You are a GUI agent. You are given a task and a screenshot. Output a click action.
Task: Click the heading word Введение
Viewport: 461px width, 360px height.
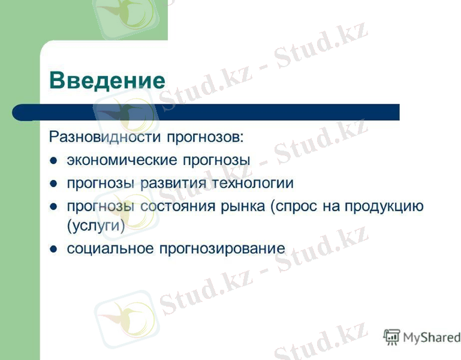point(107,80)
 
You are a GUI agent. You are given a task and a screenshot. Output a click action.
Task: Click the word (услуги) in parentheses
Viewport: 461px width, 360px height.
point(96,227)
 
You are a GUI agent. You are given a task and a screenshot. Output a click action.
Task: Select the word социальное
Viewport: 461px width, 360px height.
point(110,248)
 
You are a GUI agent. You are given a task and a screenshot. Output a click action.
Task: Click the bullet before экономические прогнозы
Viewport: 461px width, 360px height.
point(54,161)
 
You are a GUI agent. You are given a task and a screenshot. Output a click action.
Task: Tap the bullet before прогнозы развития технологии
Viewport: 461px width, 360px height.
point(54,183)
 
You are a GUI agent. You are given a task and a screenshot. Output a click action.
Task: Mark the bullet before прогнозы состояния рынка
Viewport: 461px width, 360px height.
point(54,206)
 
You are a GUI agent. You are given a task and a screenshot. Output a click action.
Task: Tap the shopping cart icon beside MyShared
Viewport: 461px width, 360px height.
point(391,337)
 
